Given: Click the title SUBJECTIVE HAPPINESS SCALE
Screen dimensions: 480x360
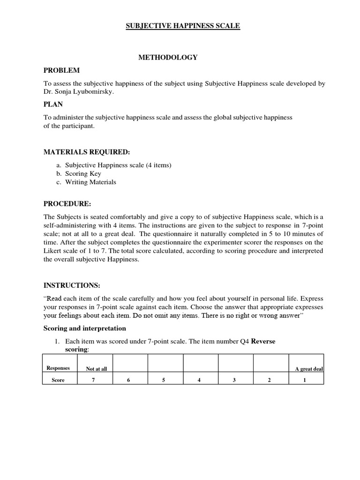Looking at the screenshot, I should (x=183, y=27).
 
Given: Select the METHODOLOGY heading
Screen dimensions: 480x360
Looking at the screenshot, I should (x=167, y=57).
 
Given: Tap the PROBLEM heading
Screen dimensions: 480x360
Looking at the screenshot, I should (x=61, y=70).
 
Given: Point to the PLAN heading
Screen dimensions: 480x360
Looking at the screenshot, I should (x=53, y=104).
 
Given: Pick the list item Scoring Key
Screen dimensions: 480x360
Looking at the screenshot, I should (x=83, y=173).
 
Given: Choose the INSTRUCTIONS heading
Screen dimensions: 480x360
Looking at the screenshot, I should (x=72, y=285).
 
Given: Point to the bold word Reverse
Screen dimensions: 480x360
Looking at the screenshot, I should (x=263, y=341).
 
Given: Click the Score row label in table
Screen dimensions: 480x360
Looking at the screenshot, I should (x=58, y=380).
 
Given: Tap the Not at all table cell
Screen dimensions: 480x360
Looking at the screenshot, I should (x=97, y=369).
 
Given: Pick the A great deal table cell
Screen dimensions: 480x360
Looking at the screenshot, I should (x=309, y=369).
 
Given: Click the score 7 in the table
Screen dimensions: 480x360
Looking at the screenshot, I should (x=93, y=380).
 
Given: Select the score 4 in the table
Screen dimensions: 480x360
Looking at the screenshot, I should (x=199, y=380).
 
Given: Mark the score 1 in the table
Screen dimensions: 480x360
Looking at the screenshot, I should (x=304, y=380).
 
